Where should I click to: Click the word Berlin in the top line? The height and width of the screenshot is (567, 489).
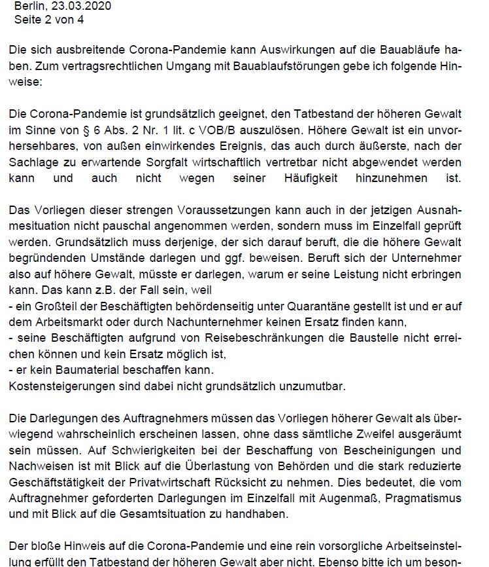click(x=28, y=6)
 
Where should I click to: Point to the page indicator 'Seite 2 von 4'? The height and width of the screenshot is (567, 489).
click(x=48, y=20)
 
